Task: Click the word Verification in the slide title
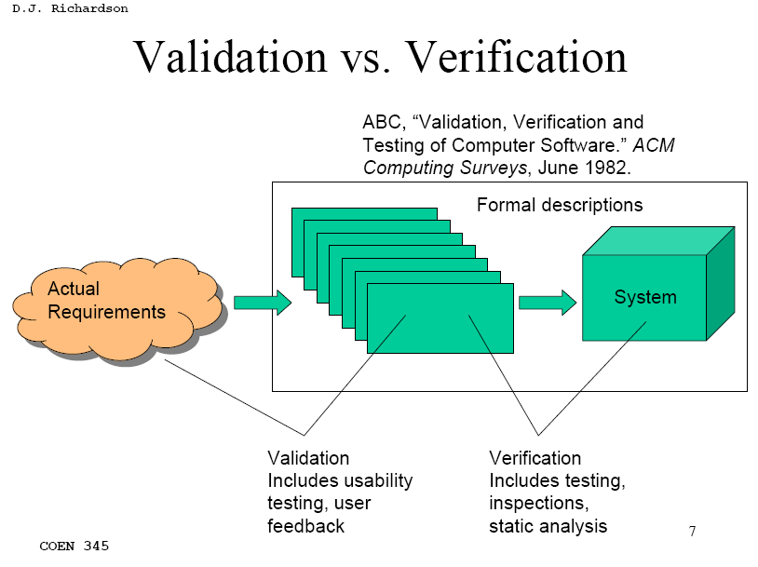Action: pos(517,58)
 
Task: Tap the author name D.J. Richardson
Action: pos(70,8)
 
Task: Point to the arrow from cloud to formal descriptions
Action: pos(263,302)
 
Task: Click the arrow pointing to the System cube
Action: pos(547,302)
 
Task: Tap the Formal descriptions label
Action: pos(560,205)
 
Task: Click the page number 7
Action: pos(692,532)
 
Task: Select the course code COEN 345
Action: pos(74,546)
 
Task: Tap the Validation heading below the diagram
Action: pos(308,458)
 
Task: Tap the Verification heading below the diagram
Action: pos(535,458)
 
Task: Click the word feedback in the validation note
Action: pos(305,526)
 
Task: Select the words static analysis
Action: pos(548,526)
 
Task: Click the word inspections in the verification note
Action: pos(538,504)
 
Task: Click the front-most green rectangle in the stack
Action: pos(440,318)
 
